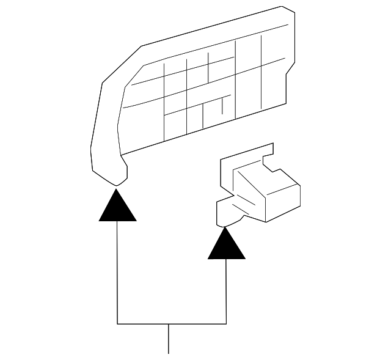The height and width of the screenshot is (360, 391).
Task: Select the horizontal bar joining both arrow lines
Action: coord(171,323)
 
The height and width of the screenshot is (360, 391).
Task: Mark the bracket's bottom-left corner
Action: coord(117,323)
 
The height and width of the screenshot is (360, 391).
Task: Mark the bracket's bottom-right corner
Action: coord(227,323)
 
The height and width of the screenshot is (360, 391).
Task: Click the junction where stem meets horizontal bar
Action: coord(169,323)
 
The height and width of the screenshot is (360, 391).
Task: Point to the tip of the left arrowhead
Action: coord(117,189)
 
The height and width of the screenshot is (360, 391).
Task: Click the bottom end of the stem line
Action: coord(169,352)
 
